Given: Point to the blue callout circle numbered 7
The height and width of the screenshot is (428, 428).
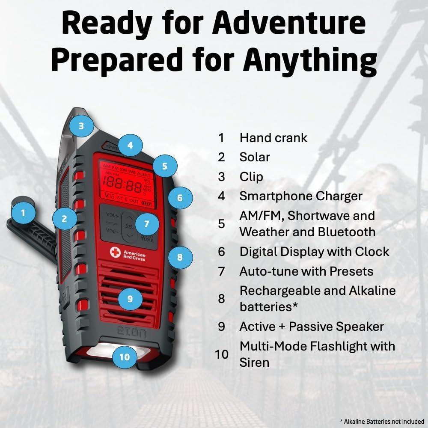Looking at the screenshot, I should click(x=147, y=224).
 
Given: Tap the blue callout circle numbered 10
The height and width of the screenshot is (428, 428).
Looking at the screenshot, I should click(x=124, y=356).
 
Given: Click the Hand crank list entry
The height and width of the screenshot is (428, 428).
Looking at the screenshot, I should click(x=273, y=138).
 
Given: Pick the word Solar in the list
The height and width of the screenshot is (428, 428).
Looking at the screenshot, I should click(x=255, y=157).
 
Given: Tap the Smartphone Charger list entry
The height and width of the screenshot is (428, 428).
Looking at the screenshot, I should click(x=301, y=196).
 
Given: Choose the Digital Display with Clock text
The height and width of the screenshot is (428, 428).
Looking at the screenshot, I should click(x=315, y=252).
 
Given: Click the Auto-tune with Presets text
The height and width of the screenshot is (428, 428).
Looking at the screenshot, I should click(x=306, y=271).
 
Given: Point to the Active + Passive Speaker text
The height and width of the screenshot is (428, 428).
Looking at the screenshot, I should click(x=312, y=327).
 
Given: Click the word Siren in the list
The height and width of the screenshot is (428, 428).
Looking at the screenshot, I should click(x=254, y=363).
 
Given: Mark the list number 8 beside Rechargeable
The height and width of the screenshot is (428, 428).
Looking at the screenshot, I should click(x=221, y=299).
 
